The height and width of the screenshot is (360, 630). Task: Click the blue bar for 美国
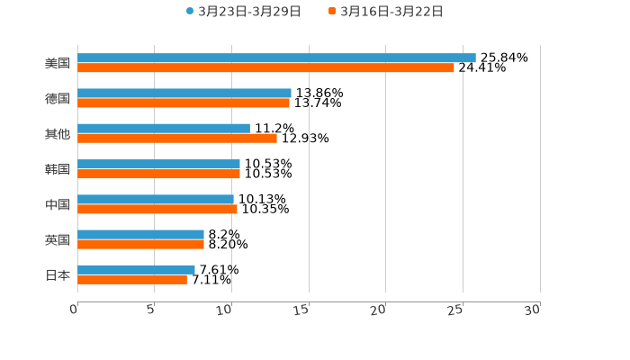(276, 58)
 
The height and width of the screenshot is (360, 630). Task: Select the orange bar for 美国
(265, 67)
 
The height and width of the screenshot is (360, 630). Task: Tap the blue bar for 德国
(184, 93)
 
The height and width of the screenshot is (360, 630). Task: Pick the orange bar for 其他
(177, 138)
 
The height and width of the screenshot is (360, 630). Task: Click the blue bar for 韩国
(158, 164)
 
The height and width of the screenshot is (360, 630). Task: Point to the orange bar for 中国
(157, 209)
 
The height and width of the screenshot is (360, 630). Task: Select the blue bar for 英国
(140, 234)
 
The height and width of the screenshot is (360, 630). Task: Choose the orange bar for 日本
(132, 279)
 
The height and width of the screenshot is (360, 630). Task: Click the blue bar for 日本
(136, 269)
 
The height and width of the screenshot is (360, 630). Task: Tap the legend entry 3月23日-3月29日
(244, 12)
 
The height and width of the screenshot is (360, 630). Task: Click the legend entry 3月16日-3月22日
(386, 12)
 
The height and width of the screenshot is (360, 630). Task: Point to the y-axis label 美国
(58, 63)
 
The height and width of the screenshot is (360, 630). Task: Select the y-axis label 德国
(58, 98)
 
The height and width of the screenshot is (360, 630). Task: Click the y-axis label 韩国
(58, 169)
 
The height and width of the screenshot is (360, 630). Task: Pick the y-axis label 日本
(58, 274)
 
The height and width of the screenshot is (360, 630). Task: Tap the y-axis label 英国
(58, 239)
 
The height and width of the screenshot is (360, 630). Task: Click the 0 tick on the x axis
(75, 310)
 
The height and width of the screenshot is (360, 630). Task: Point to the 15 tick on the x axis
(302, 310)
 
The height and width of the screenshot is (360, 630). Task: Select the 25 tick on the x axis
(456, 310)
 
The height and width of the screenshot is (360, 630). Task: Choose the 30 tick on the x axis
(533, 310)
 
